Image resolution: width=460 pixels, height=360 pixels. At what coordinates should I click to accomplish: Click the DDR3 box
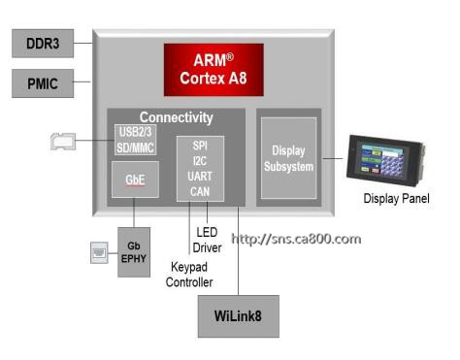click(43, 44)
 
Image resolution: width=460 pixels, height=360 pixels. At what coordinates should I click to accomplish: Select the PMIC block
click(43, 83)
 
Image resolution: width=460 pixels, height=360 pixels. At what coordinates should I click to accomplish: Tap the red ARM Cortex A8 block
click(214, 70)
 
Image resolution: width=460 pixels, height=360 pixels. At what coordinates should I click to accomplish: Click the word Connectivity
click(177, 117)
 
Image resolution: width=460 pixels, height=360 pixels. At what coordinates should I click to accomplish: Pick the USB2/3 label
click(135, 132)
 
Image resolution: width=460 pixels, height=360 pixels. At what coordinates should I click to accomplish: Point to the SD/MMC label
click(135, 147)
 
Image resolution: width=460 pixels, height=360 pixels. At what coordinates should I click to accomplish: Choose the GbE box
click(135, 180)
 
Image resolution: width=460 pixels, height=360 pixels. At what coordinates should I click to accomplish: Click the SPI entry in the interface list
click(200, 146)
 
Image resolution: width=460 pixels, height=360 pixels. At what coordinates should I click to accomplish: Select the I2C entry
click(200, 161)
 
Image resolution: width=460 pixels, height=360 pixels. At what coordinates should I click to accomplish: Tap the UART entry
click(200, 177)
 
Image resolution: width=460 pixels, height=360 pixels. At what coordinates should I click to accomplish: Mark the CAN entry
click(200, 191)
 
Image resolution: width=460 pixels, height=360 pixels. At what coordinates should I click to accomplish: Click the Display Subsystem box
click(288, 158)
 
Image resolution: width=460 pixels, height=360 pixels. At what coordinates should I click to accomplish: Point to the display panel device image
click(385, 160)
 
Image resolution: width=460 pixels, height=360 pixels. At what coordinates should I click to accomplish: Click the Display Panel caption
click(397, 198)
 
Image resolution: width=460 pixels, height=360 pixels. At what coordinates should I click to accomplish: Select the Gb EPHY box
click(134, 252)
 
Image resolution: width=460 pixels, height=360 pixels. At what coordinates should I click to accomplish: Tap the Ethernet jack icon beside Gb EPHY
click(99, 252)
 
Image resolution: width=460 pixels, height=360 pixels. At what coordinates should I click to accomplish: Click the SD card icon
click(63, 142)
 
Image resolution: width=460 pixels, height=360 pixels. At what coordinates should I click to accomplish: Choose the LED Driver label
click(207, 240)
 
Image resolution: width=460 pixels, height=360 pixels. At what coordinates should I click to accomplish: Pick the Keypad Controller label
click(189, 275)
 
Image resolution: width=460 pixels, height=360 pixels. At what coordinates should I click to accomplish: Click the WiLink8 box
click(239, 316)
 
